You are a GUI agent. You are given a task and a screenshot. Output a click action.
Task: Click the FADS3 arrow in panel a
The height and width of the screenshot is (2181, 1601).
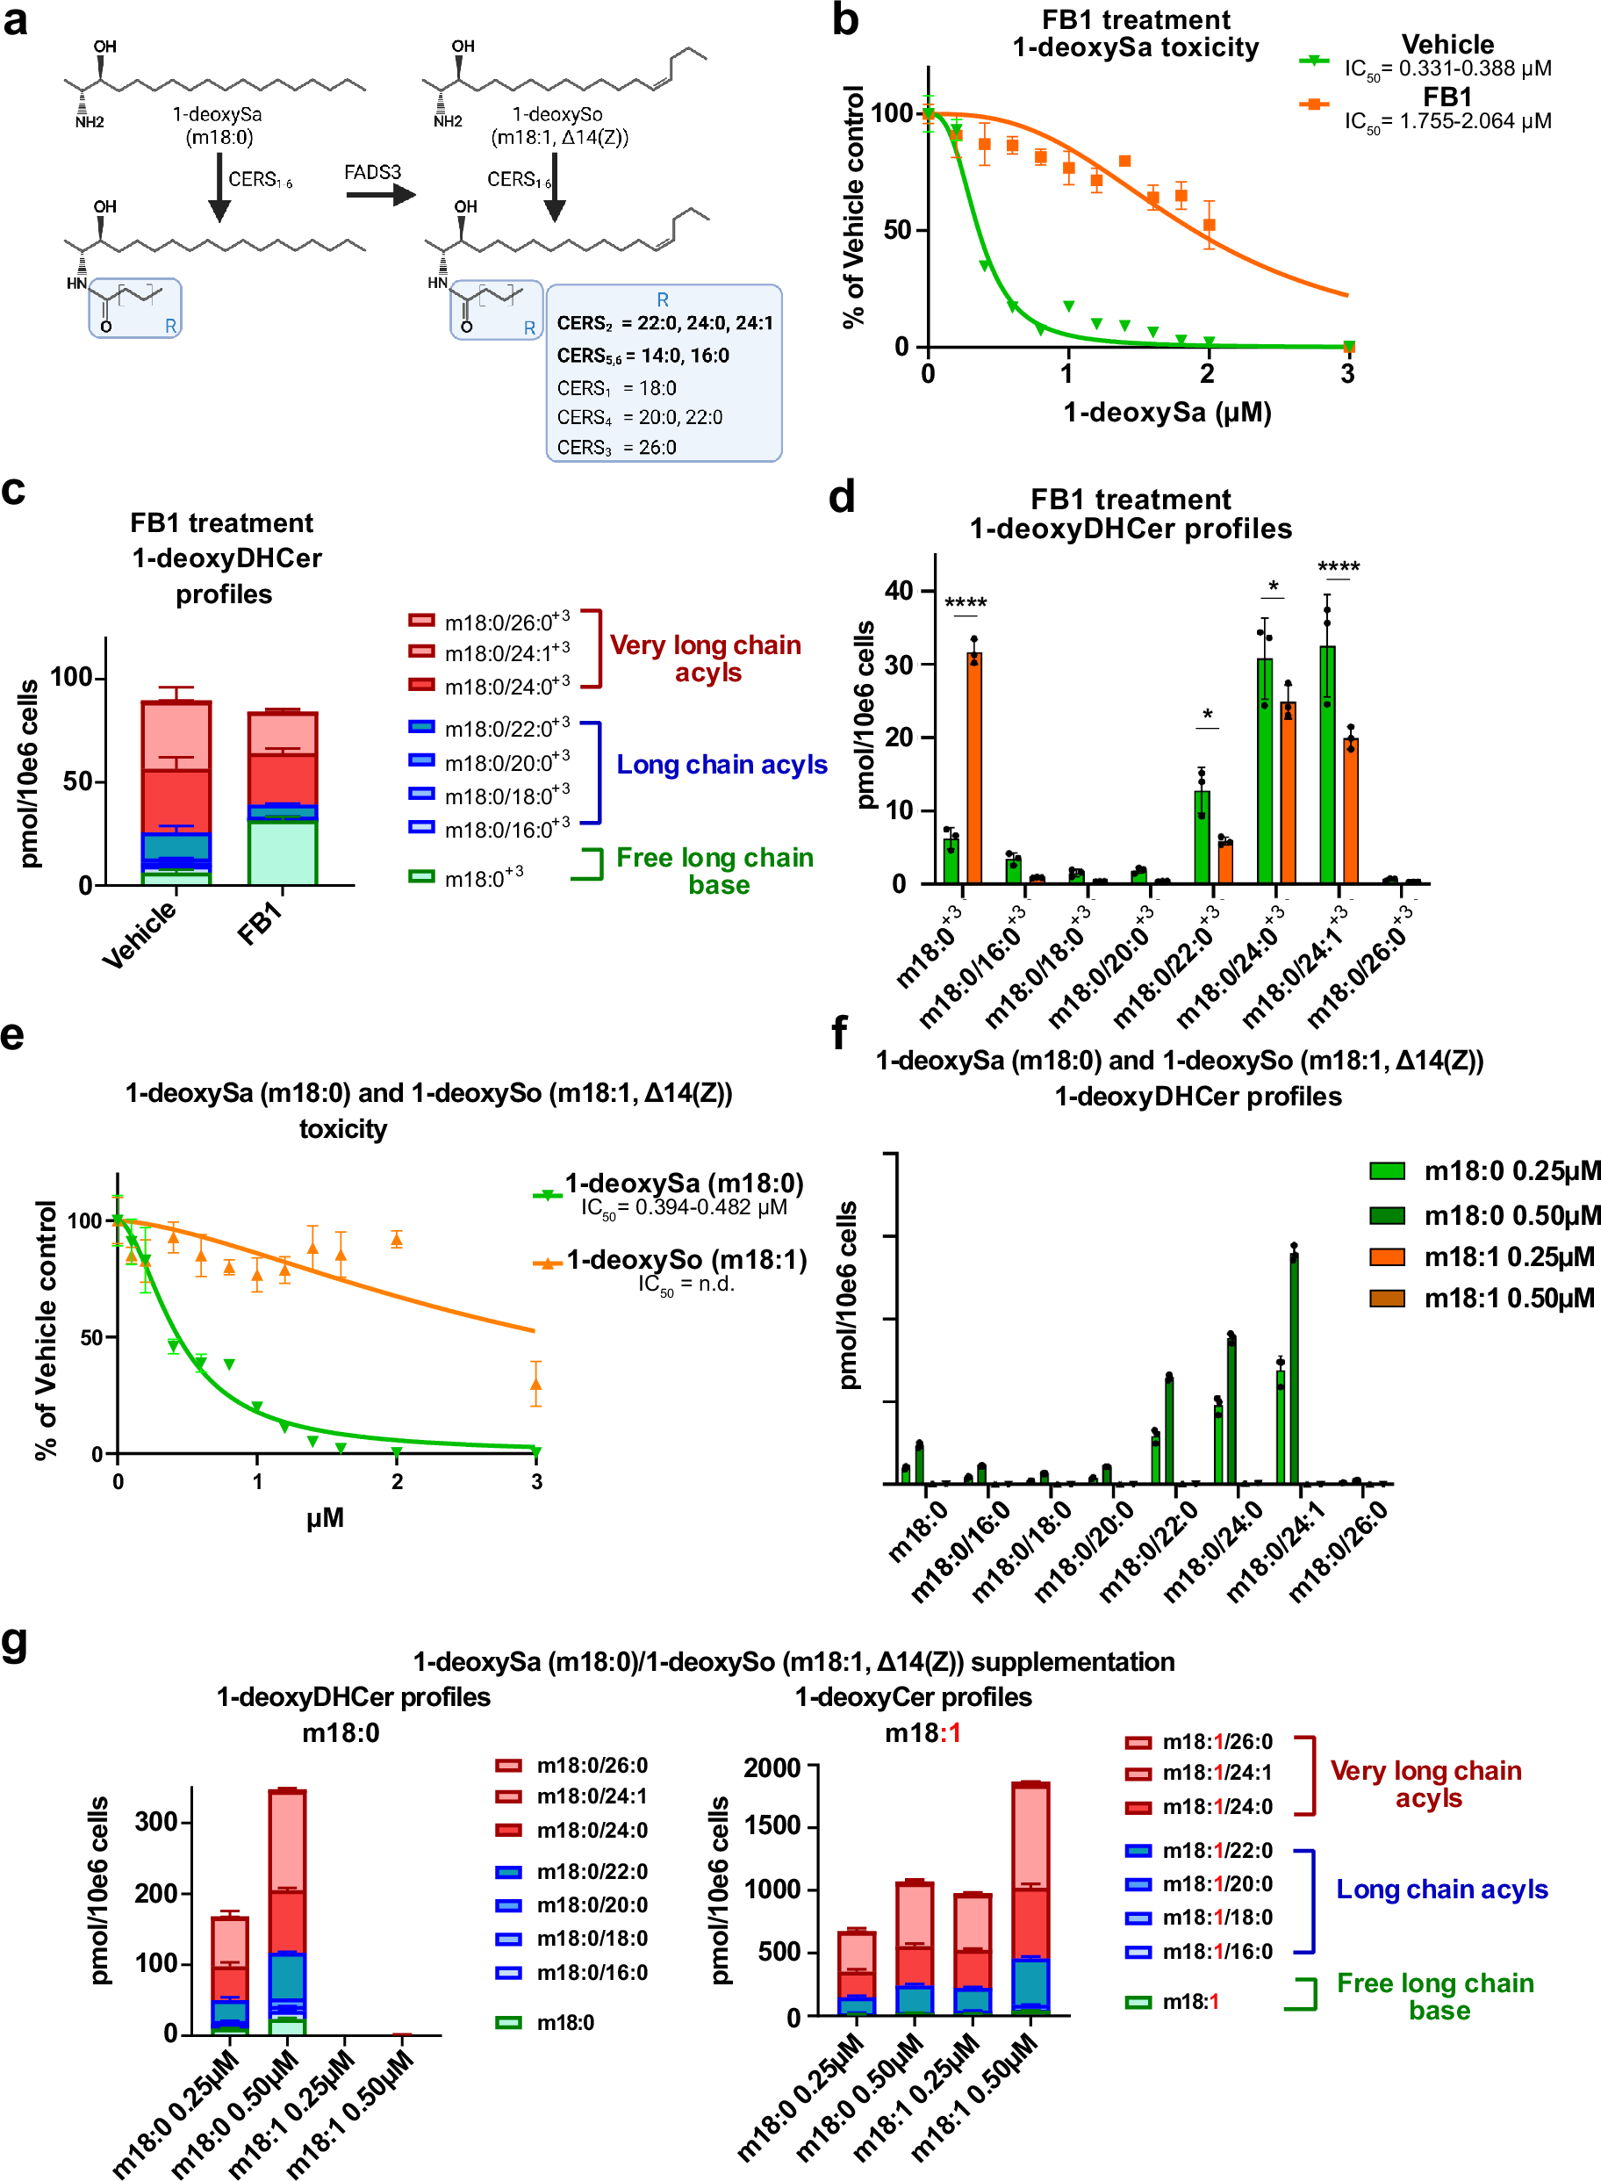coord(379,195)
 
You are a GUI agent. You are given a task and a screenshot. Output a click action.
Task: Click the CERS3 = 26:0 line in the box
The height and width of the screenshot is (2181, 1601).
coord(616,447)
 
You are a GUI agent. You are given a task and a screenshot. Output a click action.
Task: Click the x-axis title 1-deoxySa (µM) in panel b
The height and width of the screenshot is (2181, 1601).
coord(1167,412)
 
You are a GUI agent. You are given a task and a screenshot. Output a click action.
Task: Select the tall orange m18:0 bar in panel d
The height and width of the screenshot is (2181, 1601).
coord(974,766)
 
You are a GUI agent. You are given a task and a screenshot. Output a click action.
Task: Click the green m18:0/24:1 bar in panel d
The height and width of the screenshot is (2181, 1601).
coord(1327,766)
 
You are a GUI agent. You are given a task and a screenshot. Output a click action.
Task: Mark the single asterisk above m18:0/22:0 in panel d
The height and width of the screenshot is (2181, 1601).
coord(1207,716)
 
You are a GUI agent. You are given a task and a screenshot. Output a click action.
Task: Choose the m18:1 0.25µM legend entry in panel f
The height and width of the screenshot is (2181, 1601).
coord(1507,1256)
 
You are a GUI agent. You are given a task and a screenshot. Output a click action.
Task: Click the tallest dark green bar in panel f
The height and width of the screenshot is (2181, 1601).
coord(1294,1367)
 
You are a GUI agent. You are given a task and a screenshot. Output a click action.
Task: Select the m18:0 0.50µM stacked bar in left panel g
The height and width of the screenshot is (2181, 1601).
coord(287,1910)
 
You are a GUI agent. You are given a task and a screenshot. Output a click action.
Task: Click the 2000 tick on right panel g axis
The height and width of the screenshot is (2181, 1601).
coord(772,1767)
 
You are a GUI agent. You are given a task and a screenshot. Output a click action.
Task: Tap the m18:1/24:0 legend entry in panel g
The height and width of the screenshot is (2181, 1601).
coord(1217,1806)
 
